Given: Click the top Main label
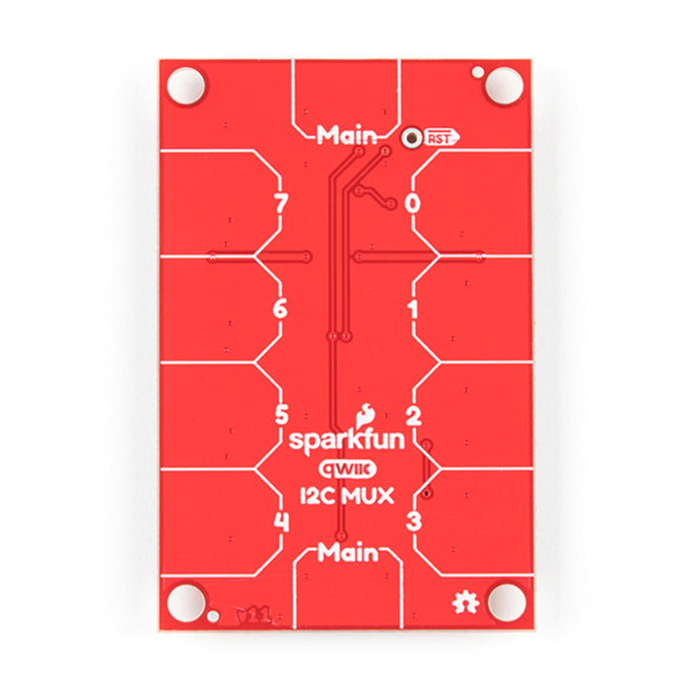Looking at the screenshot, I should click(x=346, y=136).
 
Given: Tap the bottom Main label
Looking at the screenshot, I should click(x=348, y=553).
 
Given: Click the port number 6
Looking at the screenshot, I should click(x=280, y=310).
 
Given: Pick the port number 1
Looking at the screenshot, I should click(x=413, y=310).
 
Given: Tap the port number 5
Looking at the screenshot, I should click(x=281, y=415).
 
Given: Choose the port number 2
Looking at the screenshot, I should click(x=414, y=415).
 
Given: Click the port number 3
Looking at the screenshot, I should click(x=414, y=520).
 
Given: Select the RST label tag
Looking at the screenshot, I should click(x=441, y=139).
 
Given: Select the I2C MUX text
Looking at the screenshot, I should click(x=346, y=496).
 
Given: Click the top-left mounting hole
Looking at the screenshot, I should click(x=184, y=85).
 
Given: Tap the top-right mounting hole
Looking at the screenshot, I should click(x=504, y=85).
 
